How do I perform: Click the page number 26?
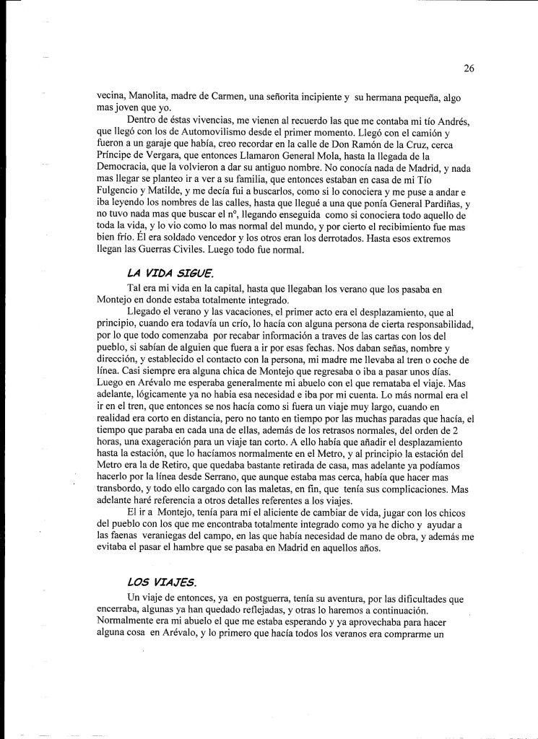click(469, 69)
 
